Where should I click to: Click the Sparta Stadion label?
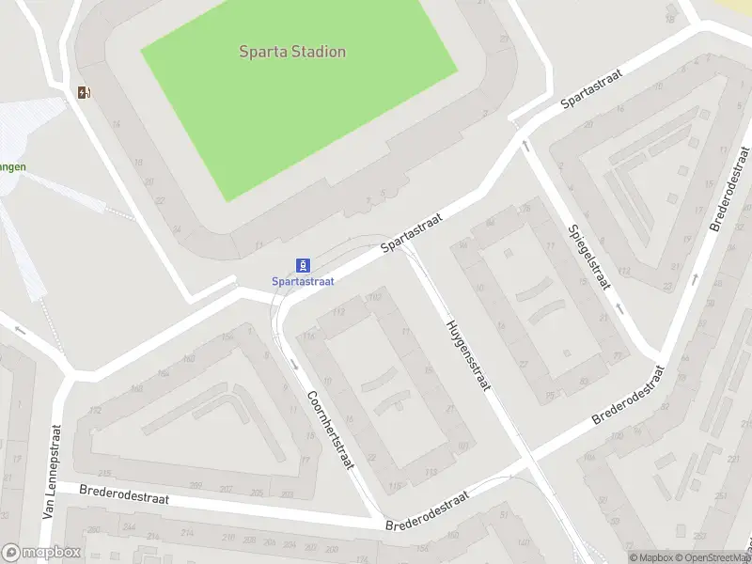point(291,52)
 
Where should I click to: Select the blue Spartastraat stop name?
point(303,281)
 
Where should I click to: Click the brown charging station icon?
point(85,92)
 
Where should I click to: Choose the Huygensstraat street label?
point(467,354)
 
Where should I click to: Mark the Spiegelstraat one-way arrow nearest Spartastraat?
point(525,146)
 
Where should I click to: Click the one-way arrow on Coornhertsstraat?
point(294,364)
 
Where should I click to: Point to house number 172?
point(94,411)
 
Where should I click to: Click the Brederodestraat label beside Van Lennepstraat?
point(124,493)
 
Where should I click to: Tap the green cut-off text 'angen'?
point(12,167)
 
